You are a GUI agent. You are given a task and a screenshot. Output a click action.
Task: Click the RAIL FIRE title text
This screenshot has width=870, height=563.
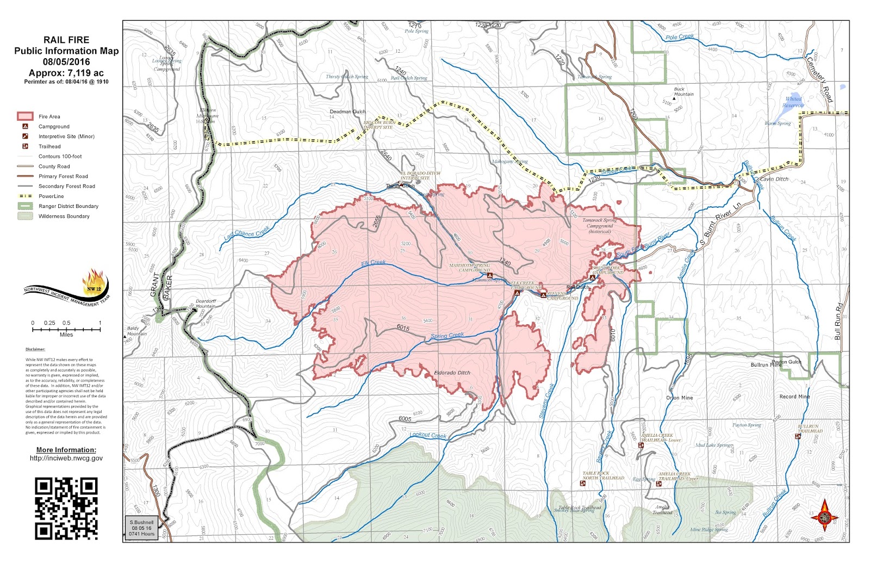(x=66, y=40)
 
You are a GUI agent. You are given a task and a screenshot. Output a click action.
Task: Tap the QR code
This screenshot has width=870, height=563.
(x=66, y=508)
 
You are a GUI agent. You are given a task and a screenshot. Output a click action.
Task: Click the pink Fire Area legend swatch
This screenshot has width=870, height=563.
(x=25, y=116)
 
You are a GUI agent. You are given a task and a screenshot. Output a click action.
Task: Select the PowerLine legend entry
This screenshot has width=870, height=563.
(x=51, y=196)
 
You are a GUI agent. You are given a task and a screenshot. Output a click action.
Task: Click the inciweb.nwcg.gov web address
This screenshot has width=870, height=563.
(x=66, y=458)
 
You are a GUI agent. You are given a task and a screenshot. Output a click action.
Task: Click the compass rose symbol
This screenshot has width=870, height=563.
(x=825, y=515)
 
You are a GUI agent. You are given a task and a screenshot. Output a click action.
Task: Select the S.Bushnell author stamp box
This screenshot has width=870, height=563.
(x=141, y=528)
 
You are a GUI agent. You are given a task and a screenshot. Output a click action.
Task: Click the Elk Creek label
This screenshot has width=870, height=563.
(x=374, y=263)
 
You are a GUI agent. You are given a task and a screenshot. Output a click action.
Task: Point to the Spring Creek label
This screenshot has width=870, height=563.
(x=448, y=336)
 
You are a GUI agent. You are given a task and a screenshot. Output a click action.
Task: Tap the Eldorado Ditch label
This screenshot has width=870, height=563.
(x=452, y=373)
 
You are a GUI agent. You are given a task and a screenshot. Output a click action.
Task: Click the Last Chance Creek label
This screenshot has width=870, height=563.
(x=246, y=233)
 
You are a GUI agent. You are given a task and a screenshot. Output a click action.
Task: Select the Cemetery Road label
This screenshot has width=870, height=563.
(x=819, y=79)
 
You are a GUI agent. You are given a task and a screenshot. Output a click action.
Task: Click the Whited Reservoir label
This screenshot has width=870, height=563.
(x=793, y=102)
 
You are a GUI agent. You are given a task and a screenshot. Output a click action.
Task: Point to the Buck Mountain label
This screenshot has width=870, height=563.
(x=683, y=92)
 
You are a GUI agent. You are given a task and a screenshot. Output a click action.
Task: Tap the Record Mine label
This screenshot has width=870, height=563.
(x=794, y=397)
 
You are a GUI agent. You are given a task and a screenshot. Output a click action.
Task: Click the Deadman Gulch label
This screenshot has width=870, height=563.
(x=347, y=112)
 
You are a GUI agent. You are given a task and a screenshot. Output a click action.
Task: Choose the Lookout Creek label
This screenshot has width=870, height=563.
(x=428, y=435)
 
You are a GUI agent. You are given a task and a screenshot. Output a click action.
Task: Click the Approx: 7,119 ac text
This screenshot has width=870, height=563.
(x=66, y=73)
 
